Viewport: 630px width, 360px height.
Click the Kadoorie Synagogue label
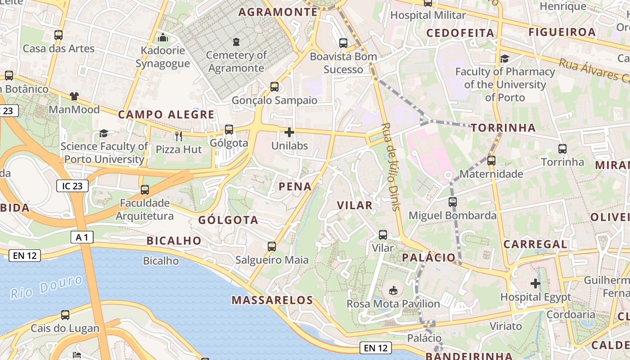(x=163, y=57)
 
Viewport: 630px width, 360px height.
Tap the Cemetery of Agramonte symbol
(x=236, y=42)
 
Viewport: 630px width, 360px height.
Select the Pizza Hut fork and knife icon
(x=179, y=136)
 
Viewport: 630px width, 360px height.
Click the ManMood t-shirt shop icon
(x=74, y=96)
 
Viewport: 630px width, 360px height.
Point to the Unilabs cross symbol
(x=289, y=132)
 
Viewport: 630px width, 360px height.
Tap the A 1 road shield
(x=82, y=237)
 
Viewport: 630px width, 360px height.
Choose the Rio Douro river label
(x=47, y=287)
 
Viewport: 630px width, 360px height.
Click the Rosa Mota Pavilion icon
(x=393, y=290)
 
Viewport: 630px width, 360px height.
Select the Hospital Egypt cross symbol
(x=535, y=283)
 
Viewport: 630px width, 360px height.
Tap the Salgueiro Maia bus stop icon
(x=272, y=246)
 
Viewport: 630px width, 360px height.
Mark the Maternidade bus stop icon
(x=491, y=160)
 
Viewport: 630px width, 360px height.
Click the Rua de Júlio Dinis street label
(x=390, y=166)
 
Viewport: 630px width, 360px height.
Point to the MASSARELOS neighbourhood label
(x=272, y=300)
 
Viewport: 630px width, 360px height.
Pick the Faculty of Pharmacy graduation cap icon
(x=504, y=58)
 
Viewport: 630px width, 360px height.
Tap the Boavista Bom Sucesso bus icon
(x=343, y=43)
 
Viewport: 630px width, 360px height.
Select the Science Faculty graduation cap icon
(x=104, y=133)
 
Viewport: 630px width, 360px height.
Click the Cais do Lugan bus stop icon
(x=65, y=315)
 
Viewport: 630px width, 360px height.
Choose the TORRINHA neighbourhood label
(x=504, y=128)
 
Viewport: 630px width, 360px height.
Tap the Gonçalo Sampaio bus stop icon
(x=274, y=87)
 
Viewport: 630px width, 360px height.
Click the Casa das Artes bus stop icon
(x=58, y=35)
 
